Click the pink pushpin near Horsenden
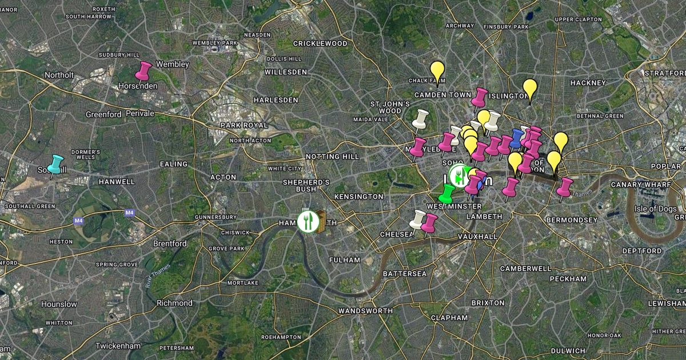[142, 71]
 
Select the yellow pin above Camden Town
[437, 72]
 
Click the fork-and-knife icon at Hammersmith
[308, 221]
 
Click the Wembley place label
[172, 65]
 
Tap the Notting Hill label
[332, 157]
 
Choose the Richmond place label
[174, 303]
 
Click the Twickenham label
[118, 346]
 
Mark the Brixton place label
[488, 302]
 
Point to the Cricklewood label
[320, 43]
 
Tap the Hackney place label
[588, 83]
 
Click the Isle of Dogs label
[656, 209]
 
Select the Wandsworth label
[365, 311]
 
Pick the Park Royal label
[245, 125]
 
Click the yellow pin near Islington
[530, 89]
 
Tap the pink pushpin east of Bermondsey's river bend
[565, 187]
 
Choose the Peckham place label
[568, 279]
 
